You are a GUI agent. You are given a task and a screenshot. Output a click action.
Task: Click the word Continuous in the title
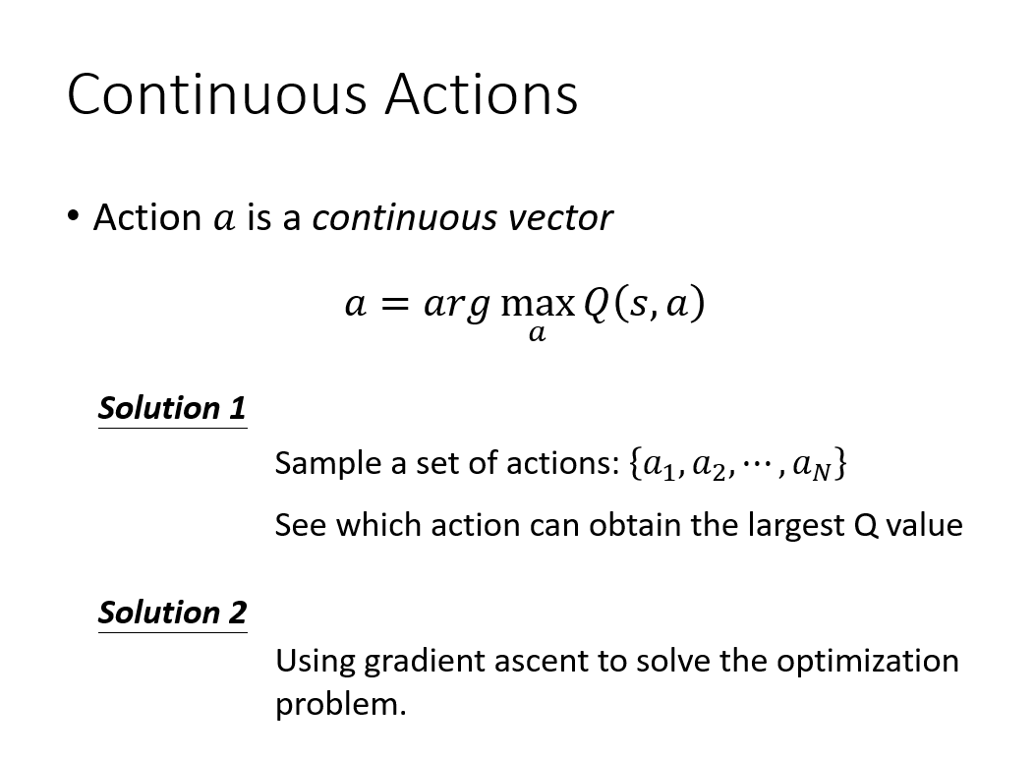(x=217, y=93)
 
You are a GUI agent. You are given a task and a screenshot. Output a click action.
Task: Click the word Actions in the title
(x=482, y=93)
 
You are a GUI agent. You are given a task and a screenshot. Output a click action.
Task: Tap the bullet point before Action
(x=73, y=215)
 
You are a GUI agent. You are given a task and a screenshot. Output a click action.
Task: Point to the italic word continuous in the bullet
(x=405, y=218)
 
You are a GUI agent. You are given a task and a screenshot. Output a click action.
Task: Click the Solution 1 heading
(x=172, y=409)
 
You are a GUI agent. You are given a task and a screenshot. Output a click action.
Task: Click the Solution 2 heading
(x=172, y=613)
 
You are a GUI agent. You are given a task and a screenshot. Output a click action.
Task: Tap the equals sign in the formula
(x=395, y=305)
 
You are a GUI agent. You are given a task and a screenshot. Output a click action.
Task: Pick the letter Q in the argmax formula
(x=596, y=305)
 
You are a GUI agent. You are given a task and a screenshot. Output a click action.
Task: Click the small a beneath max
(x=538, y=333)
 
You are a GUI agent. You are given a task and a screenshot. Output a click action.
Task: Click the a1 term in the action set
(x=661, y=465)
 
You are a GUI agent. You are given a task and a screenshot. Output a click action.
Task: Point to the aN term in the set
(x=812, y=465)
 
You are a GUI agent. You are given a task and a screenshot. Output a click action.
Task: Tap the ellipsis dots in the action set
(x=757, y=462)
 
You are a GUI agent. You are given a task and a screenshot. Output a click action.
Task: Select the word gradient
(x=424, y=661)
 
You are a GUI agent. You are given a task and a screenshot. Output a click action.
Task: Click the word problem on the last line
(x=340, y=704)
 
